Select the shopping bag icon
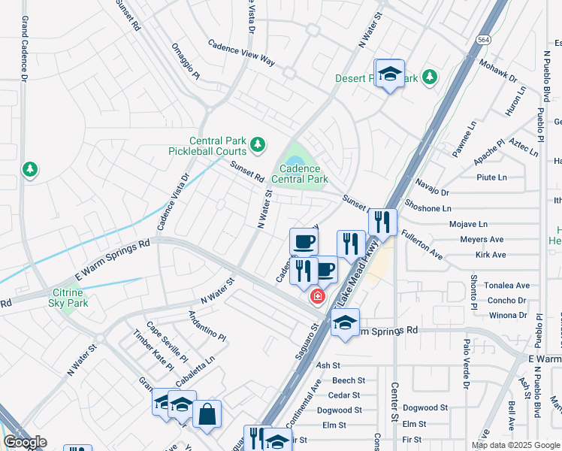point(207,413)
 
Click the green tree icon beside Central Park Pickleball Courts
point(258,144)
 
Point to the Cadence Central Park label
point(300,174)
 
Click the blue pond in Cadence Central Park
point(292,159)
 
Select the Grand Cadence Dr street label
point(24,49)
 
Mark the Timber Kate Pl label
point(153,350)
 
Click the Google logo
point(25,442)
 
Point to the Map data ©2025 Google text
point(515,445)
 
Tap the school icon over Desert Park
point(389,74)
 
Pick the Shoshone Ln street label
point(428,208)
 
